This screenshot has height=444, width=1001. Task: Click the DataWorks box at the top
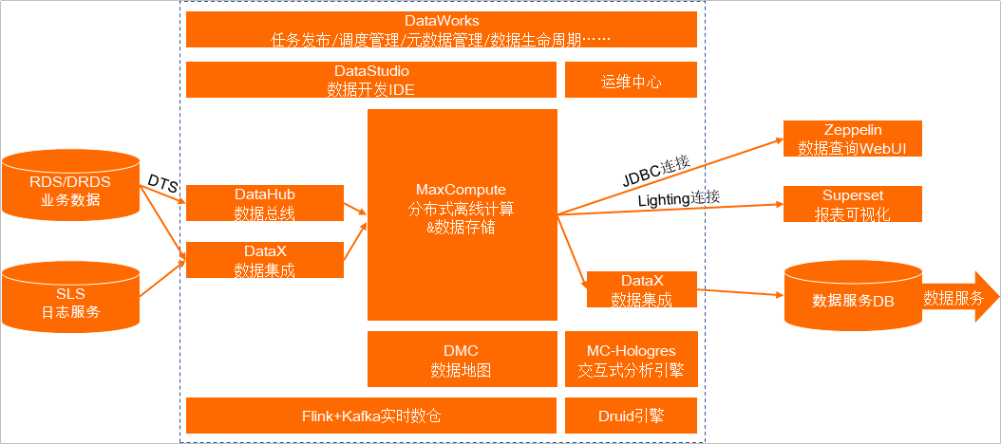point(441,29)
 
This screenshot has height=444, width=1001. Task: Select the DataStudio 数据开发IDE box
point(370,80)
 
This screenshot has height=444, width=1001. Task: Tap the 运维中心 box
point(631,81)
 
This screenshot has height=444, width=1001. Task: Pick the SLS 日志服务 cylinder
point(70,295)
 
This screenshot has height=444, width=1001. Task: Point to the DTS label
point(162,183)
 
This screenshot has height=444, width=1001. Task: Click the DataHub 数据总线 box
point(264,203)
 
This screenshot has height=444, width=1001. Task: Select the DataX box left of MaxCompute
point(264,260)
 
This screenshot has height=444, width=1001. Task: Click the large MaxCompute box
point(462,213)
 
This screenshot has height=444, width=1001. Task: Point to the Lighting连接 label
point(678,198)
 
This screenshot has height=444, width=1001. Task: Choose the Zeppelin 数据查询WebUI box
point(852,139)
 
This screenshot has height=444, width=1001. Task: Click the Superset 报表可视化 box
point(852,204)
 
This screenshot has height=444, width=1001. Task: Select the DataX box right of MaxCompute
point(641,289)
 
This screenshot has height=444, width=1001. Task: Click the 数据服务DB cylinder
point(852,299)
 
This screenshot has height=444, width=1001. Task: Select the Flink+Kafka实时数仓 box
point(370,416)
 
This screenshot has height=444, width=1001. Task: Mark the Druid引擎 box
point(631,416)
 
